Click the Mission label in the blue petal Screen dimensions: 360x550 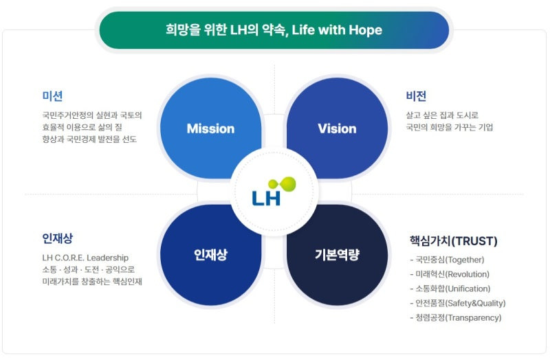(x=210, y=128)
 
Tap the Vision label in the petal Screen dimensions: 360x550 (x=337, y=128)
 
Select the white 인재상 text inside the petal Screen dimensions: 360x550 (x=210, y=256)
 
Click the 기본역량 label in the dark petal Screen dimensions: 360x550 (x=337, y=256)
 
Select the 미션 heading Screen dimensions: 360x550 (x=52, y=96)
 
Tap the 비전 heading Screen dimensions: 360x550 (x=416, y=96)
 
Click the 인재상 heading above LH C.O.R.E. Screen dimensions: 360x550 (x=57, y=238)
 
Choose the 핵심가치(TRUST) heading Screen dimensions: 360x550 (x=453, y=241)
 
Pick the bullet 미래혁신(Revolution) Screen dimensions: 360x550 (x=452, y=274)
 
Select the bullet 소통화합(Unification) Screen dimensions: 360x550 (x=452, y=289)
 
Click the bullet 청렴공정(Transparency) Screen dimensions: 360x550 (x=457, y=317)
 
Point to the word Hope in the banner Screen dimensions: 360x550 (x=366, y=30)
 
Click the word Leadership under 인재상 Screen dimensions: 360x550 (x=106, y=258)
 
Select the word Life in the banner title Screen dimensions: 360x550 (x=302, y=30)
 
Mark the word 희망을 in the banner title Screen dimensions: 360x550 (x=181, y=30)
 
